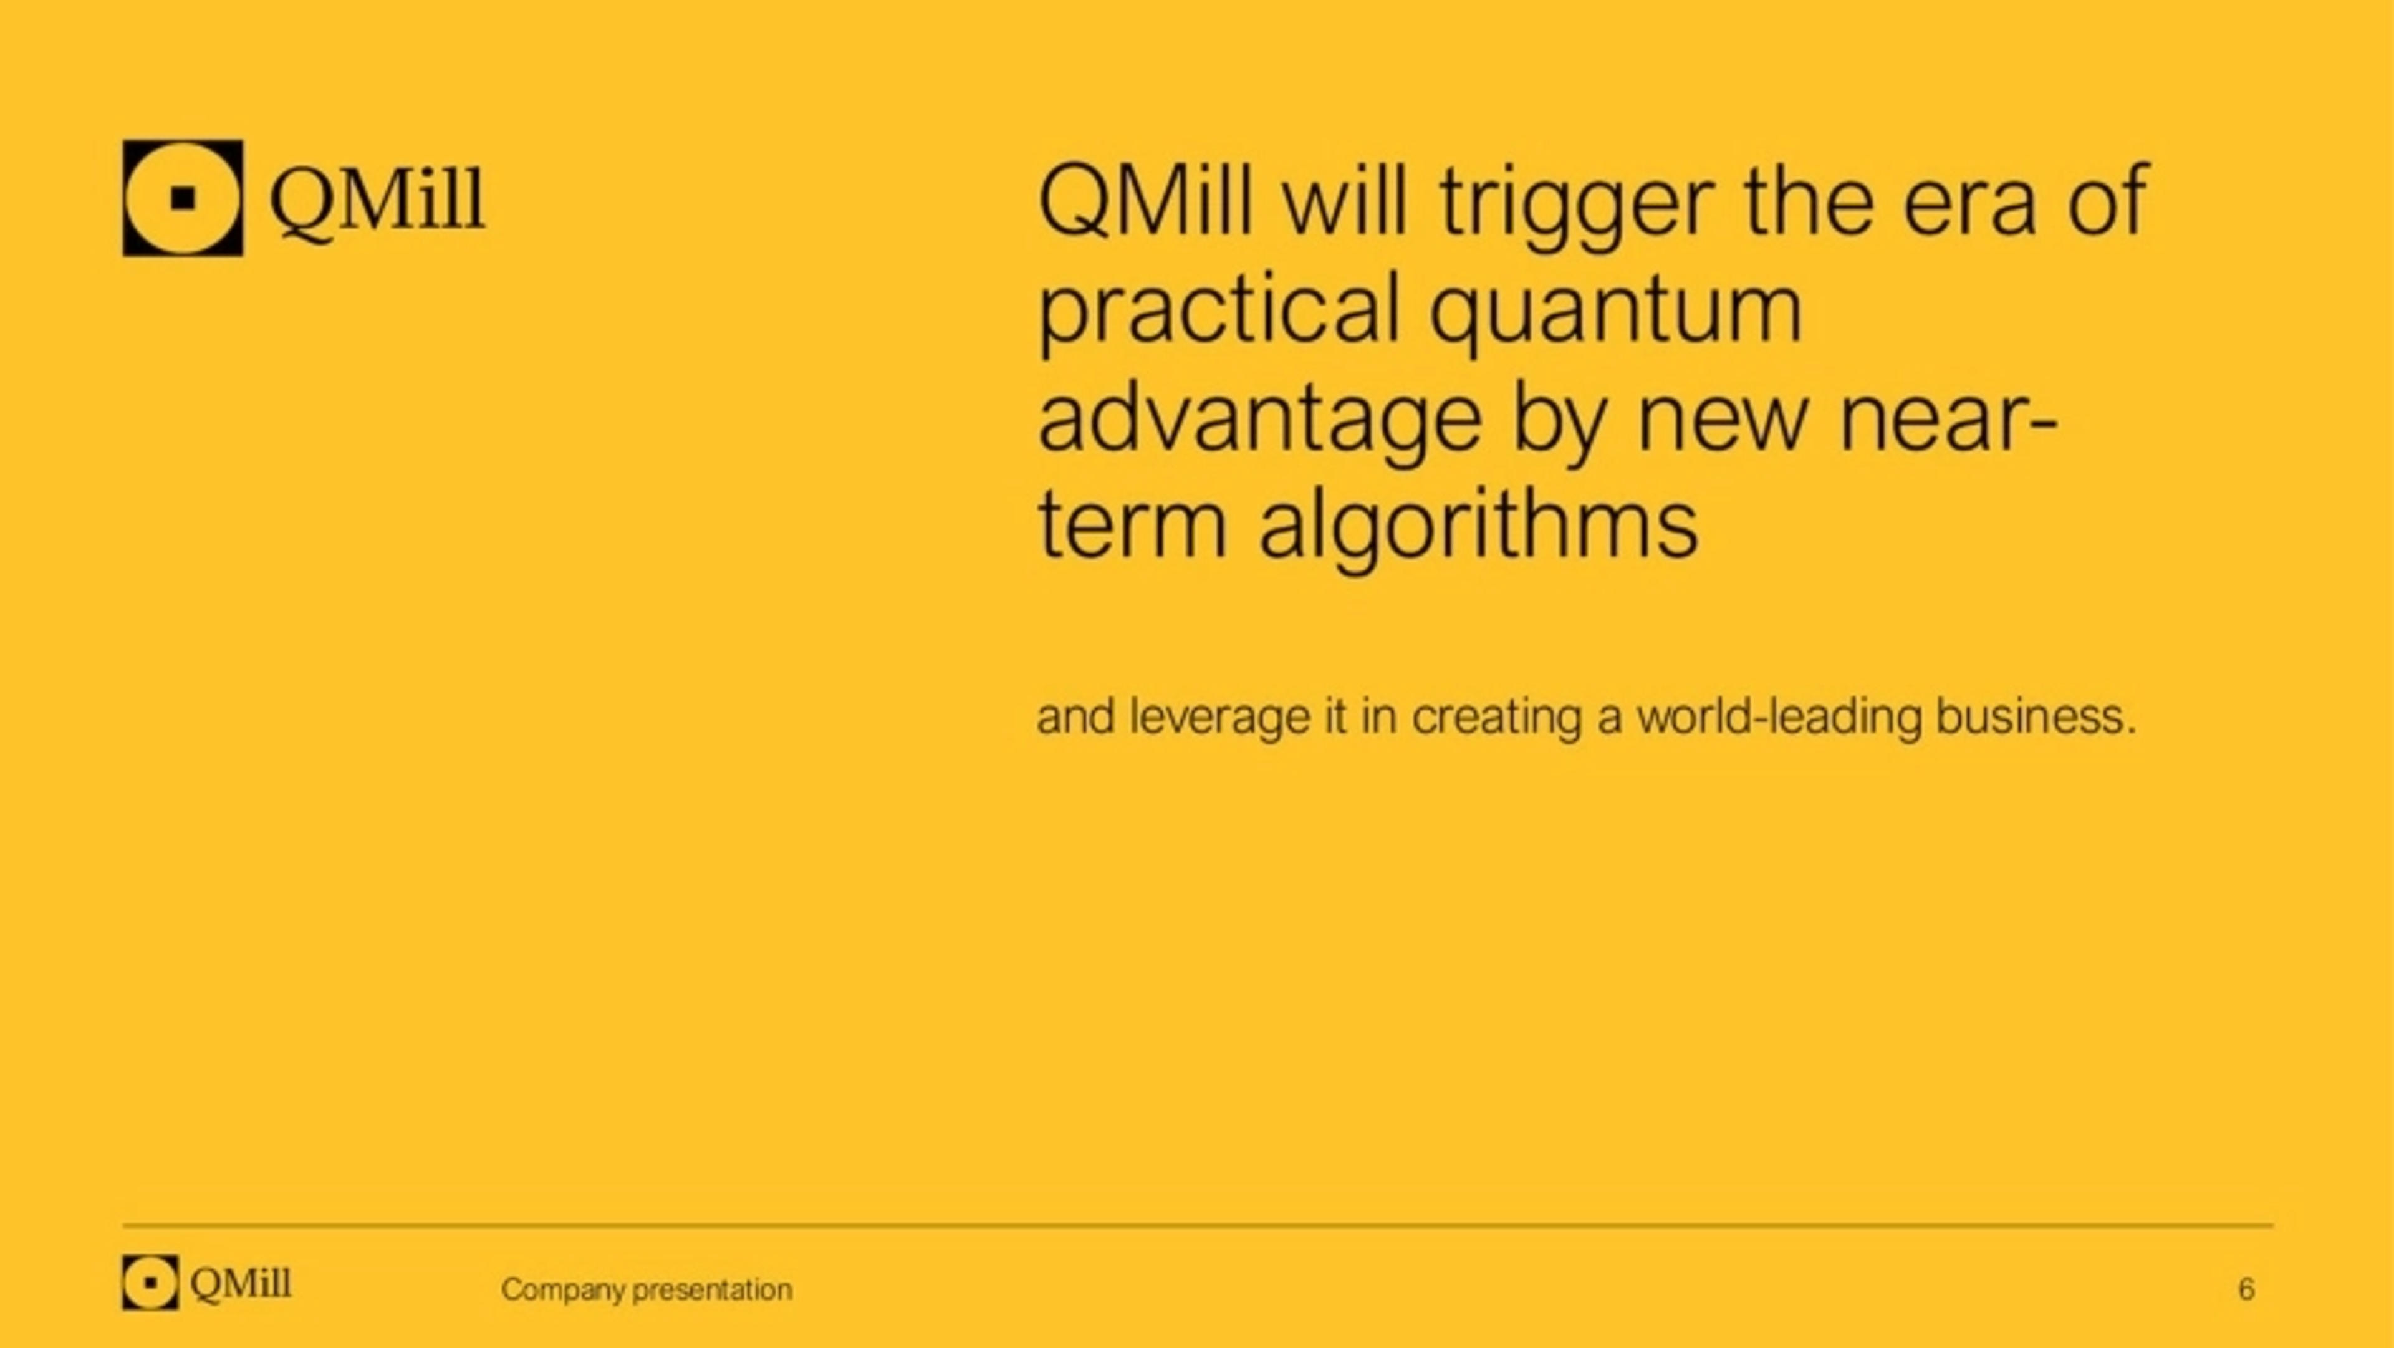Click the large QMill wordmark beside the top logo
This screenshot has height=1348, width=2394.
coord(377,203)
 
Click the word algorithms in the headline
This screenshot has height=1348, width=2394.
coord(1478,530)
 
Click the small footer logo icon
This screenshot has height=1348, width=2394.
coord(150,1282)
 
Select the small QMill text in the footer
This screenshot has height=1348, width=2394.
coord(241,1284)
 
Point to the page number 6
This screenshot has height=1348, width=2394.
coord(2246,1289)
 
